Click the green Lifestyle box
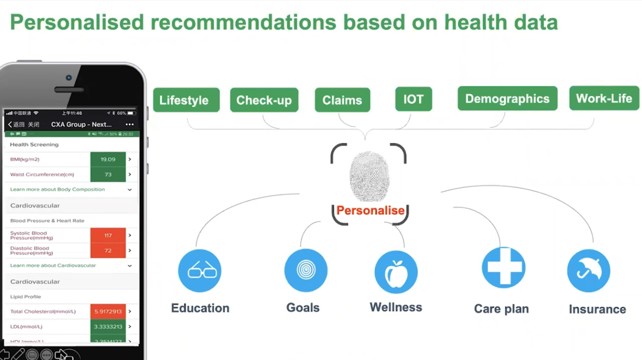click(186, 100)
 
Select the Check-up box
click(264, 100)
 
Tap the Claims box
click(342, 100)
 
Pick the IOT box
click(413, 99)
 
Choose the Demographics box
click(507, 99)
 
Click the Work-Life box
click(604, 98)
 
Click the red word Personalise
click(370, 211)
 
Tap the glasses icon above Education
click(200, 271)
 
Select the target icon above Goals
click(306, 270)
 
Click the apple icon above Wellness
click(396, 272)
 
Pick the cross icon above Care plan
click(503, 268)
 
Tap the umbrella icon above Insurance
click(588, 271)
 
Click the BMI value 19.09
click(108, 159)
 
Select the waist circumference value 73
click(108, 174)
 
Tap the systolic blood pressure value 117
click(108, 236)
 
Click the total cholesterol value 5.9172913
click(108, 311)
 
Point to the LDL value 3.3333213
click(108, 327)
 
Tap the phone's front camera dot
click(69, 78)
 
